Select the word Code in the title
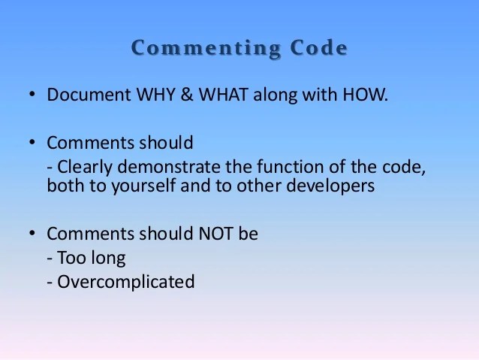point(316,49)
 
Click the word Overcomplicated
point(125,282)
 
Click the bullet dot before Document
point(32,96)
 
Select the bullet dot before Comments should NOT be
point(32,234)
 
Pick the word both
point(64,186)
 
